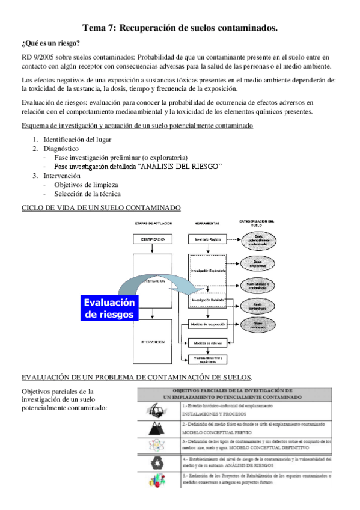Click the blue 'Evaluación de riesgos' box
tap(109, 309)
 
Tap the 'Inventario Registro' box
tap(207, 239)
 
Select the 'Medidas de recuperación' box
tap(207, 324)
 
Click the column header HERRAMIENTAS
tap(207, 223)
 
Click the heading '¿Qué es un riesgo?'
tap(50, 43)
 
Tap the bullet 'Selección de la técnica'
tap(87, 194)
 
